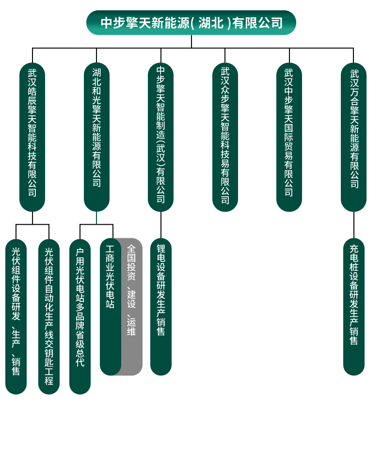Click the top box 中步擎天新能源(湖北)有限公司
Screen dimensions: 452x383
click(191, 23)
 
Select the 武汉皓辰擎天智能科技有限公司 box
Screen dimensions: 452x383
click(32, 137)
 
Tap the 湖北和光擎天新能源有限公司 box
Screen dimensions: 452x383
click(96, 137)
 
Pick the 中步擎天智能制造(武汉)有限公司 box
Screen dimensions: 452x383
click(161, 137)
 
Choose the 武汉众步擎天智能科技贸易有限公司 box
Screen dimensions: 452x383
click(225, 137)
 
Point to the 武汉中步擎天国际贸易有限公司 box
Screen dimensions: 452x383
click(289, 137)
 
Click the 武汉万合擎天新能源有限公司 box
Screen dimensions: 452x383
click(353, 137)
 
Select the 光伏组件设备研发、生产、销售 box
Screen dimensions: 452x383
click(16, 316)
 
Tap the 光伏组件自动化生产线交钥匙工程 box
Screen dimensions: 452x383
click(49, 316)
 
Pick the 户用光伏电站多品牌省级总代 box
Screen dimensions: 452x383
click(80, 316)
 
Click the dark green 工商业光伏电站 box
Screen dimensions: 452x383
click(110, 307)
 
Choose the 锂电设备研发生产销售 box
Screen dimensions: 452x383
click(161, 307)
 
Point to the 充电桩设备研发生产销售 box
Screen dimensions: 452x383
click(354, 307)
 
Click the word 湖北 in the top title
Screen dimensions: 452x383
click(210, 23)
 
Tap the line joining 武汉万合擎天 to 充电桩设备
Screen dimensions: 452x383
click(354, 225)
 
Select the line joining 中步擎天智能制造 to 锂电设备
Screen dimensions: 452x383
click(161, 225)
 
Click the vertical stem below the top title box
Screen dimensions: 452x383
click(191, 42)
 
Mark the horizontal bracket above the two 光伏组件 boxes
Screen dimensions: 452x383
click(32, 224)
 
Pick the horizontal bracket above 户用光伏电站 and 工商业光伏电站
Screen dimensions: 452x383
click(96, 224)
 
